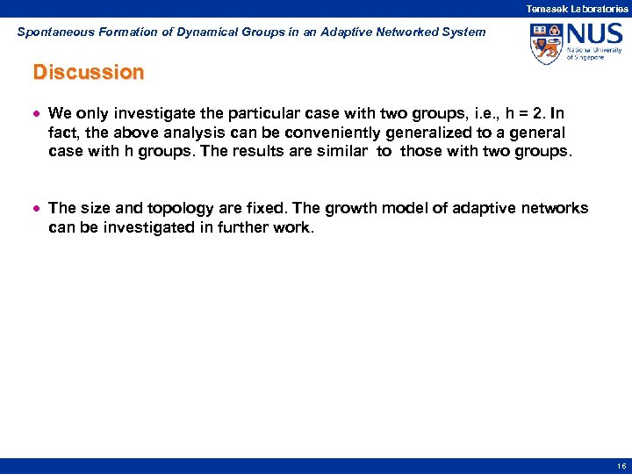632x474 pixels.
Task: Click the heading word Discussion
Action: [x=88, y=72]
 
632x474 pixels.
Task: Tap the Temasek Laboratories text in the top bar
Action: [x=577, y=8]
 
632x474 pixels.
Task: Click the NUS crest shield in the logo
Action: [x=545, y=43]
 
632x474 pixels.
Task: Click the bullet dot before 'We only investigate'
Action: [x=37, y=114]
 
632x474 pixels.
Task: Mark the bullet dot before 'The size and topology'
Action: [x=37, y=209]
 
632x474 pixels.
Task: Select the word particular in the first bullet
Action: [x=274, y=113]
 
